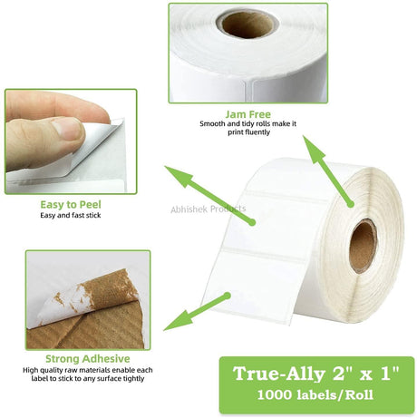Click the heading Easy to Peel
[71, 205]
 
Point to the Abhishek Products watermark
[208, 209]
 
